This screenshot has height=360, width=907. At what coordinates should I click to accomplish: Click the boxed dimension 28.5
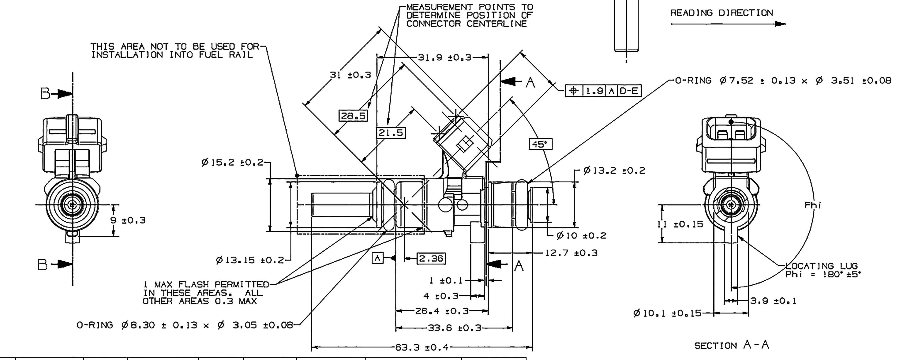click(x=353, y=115)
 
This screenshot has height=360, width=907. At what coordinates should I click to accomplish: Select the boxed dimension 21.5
click(x=390, y=133)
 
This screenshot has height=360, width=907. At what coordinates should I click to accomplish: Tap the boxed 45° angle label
click(x=540, y=144)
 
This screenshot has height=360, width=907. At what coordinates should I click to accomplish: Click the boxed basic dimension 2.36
click(x=431, y=259)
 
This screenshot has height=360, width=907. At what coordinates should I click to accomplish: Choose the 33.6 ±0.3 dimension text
click(x=454, y=328)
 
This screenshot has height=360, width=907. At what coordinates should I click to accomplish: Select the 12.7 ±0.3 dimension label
click(x=571, y=253)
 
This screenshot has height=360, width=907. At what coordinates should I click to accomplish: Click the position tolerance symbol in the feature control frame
click(x=574, y=91)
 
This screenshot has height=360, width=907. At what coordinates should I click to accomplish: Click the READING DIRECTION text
click(x=722, y=13)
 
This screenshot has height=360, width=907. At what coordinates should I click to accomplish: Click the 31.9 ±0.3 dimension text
click(x=444, y=57)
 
